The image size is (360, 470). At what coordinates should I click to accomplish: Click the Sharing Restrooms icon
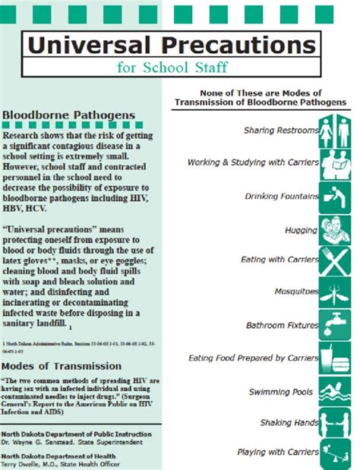[x=335, y=129]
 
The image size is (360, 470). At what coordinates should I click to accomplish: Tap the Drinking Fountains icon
[x=335, y=195]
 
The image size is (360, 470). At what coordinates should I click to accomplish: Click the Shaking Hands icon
[x=335, y=422]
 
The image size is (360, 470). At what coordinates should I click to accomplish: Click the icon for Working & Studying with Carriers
[x=335, y=162]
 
